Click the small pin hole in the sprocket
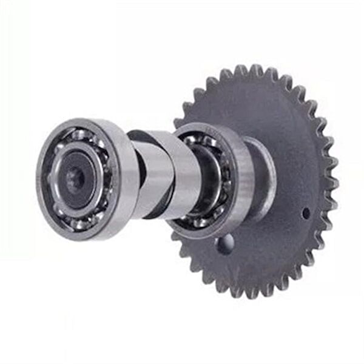306,212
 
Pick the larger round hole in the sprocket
224,244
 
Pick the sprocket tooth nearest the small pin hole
328,215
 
